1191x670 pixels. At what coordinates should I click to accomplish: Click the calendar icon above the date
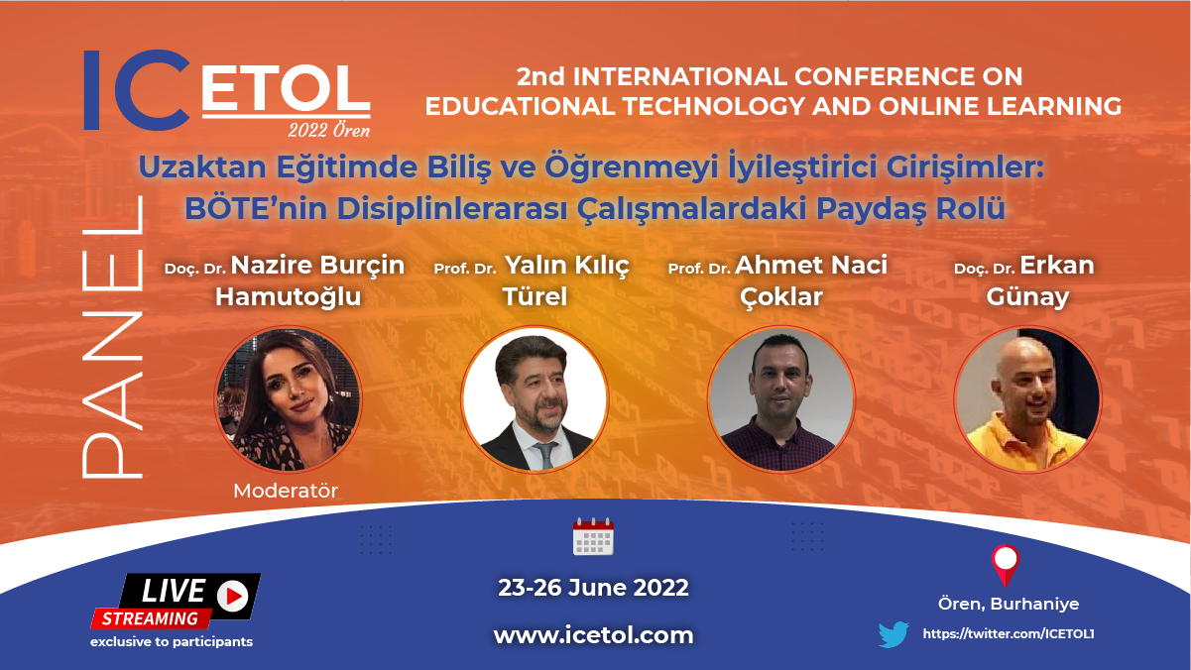click(x=593, y=536)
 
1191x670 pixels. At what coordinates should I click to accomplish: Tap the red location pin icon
click(x=1006, y=565)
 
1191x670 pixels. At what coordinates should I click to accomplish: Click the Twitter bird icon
click(x=893, y=634)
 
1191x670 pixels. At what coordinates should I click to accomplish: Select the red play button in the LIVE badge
click(x=232, y=596)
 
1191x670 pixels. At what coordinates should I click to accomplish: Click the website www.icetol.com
click(x=593, y=635)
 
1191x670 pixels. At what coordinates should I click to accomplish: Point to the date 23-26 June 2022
click(x=593, y=588)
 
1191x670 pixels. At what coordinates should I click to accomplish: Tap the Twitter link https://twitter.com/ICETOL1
click(x=1009, y=634)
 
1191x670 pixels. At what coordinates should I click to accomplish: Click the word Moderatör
click(x=286, y=491)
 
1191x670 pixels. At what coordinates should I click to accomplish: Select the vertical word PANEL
click(x=112, y=337)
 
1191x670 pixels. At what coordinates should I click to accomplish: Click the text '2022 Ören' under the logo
click(x=329, y=130)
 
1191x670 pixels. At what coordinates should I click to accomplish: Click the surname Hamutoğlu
click(x=289, y=296)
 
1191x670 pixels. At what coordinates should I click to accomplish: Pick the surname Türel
click(x=535, y=296)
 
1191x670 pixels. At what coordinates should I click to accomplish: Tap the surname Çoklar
click(x=781, y=297)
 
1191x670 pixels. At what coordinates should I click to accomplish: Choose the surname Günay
click(x=1027, y=297)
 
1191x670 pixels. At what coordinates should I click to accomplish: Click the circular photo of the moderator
click(x=289, y=398)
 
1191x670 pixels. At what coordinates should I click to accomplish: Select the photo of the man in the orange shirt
click(x=1027, y=398)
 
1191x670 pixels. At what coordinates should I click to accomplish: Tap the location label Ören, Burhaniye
click(x=1009, y=605)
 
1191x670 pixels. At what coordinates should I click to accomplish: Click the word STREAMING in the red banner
click(x=150, y=619)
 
